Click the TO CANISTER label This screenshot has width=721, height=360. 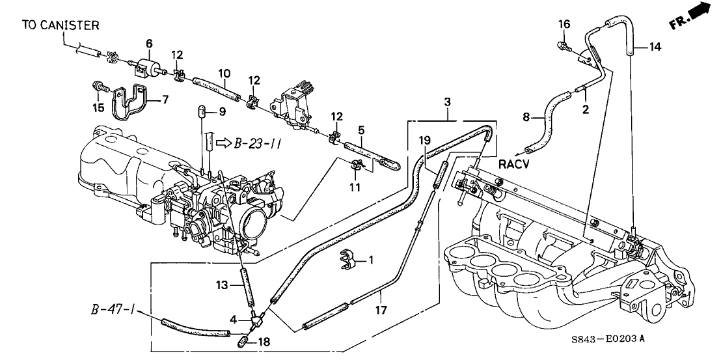point(61,25)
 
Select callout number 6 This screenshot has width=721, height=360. point(149,44)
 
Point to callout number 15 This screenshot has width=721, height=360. point(98,105)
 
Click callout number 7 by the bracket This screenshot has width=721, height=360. point(165,100)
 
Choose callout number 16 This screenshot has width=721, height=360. point(564,25)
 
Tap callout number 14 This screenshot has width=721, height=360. point(655,46)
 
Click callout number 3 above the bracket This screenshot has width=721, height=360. point(448,102)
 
